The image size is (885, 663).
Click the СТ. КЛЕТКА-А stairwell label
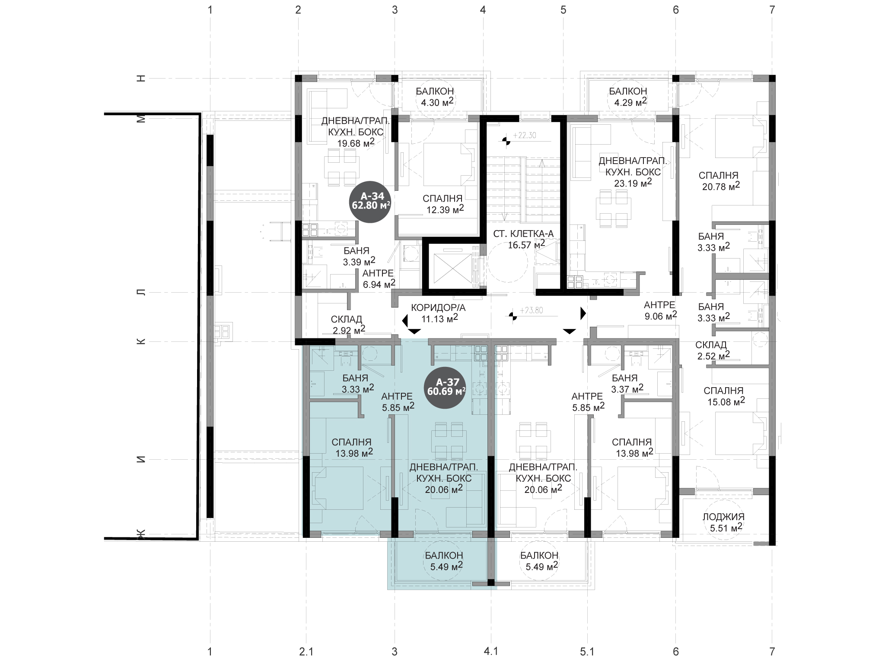point(523,234)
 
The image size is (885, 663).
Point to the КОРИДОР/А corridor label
point(438,308)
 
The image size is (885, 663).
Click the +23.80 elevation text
point(531,310)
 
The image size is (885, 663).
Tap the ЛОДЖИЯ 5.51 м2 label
point(723,522)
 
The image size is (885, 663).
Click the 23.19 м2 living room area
point(633,183)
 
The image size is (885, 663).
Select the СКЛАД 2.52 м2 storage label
point(713,350)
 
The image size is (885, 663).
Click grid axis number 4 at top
point(483,9)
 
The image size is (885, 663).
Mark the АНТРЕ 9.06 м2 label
point(660,310)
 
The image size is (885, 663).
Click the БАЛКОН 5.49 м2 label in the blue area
point(444,561)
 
